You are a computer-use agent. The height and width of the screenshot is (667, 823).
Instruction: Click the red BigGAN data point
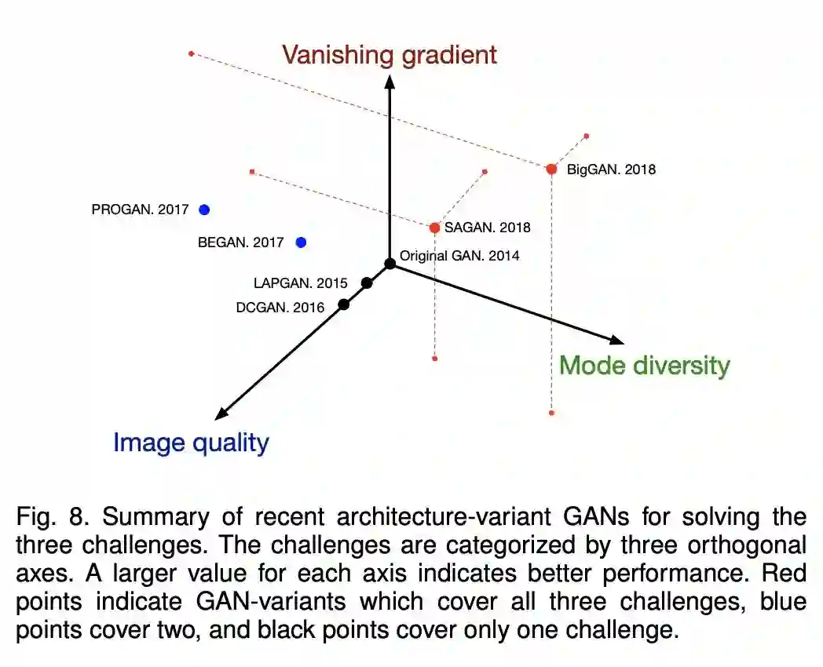[x=551, y=169]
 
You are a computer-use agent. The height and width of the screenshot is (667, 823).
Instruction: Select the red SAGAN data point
[x=434, y=228]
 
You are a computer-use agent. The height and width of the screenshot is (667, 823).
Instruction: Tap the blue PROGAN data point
[x=204, y=210]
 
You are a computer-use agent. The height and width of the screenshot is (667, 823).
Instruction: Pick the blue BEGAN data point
[x=301, y=242]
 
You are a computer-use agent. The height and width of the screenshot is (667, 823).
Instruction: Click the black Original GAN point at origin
[x=390, y=263]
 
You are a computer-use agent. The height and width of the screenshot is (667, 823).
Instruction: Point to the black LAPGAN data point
[x=367, y=282]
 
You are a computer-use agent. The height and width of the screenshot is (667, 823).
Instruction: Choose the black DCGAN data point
[x=343, y=304]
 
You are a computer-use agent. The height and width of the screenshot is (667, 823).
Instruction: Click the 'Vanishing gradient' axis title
[x=390, y=54]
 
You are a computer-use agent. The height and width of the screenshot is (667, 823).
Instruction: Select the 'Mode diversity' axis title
[x=644, y=366]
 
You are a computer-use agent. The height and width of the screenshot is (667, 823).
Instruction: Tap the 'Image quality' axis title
[x=191, y=443]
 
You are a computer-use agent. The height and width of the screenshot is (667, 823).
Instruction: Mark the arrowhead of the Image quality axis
[x=221, y=414]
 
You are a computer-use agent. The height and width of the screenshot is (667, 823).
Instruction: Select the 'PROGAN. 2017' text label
[x=140, y=210]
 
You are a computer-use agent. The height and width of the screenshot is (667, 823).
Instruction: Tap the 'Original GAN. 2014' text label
[x=459, y=255]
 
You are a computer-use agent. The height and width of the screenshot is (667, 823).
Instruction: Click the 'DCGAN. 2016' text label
[x=280, y=308]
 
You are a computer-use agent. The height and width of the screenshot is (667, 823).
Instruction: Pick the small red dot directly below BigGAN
[x=551, y=412]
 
